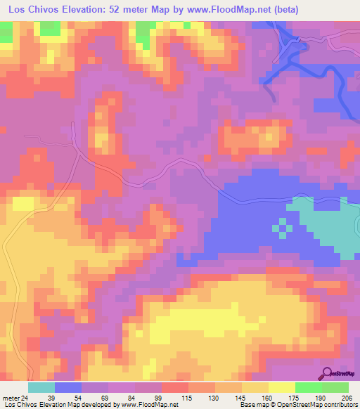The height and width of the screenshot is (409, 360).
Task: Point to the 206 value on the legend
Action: [x=343, y=397]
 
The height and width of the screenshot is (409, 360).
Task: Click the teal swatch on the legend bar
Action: [x=41, y=387]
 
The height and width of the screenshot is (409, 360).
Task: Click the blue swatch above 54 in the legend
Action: [x=68, y=387]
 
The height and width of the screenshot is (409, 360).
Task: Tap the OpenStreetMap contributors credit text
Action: [x=317, y=405]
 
